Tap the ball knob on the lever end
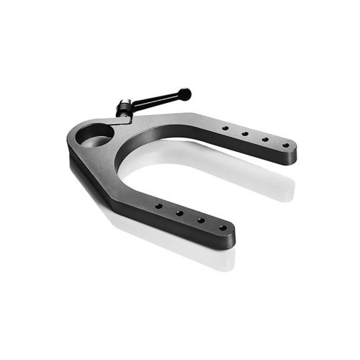(186, 93)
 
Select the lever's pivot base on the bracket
(123, 112)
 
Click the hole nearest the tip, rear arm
(286, 145)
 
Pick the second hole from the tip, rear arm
(266, 139)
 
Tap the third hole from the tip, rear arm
(246, 133)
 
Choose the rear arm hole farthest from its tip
(225, 128)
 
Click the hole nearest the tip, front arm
(222, 228)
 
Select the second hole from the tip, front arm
(201, 220)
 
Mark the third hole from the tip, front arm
(179, 213)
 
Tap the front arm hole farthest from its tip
(158, 206)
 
